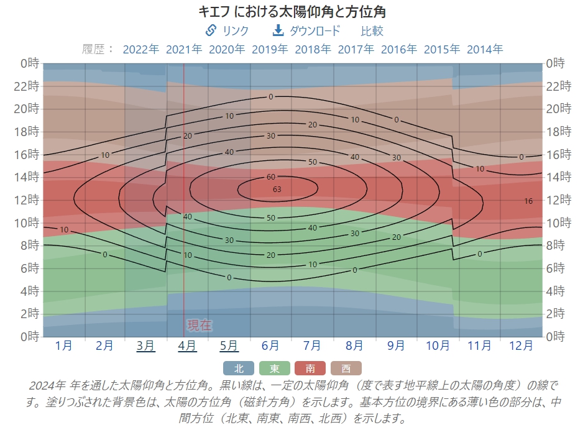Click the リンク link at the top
pos(227,30)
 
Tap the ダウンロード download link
pos(307,30)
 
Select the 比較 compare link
pos(372,30)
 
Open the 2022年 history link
pos(141,49)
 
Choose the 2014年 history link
pos(485,49)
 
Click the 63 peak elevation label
pos(277,189)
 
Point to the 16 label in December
pos(528,201)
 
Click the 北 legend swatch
pos(239,368)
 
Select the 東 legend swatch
pos(274,368)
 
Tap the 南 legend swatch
pos(310,368)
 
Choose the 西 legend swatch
pos(346,368)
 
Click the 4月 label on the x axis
pos(188,345)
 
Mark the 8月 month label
pos(354,345)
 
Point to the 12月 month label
pos(521,345)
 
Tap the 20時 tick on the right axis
pos(558,109)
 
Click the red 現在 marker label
pos(200,325)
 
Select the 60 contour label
pos(271,177)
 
